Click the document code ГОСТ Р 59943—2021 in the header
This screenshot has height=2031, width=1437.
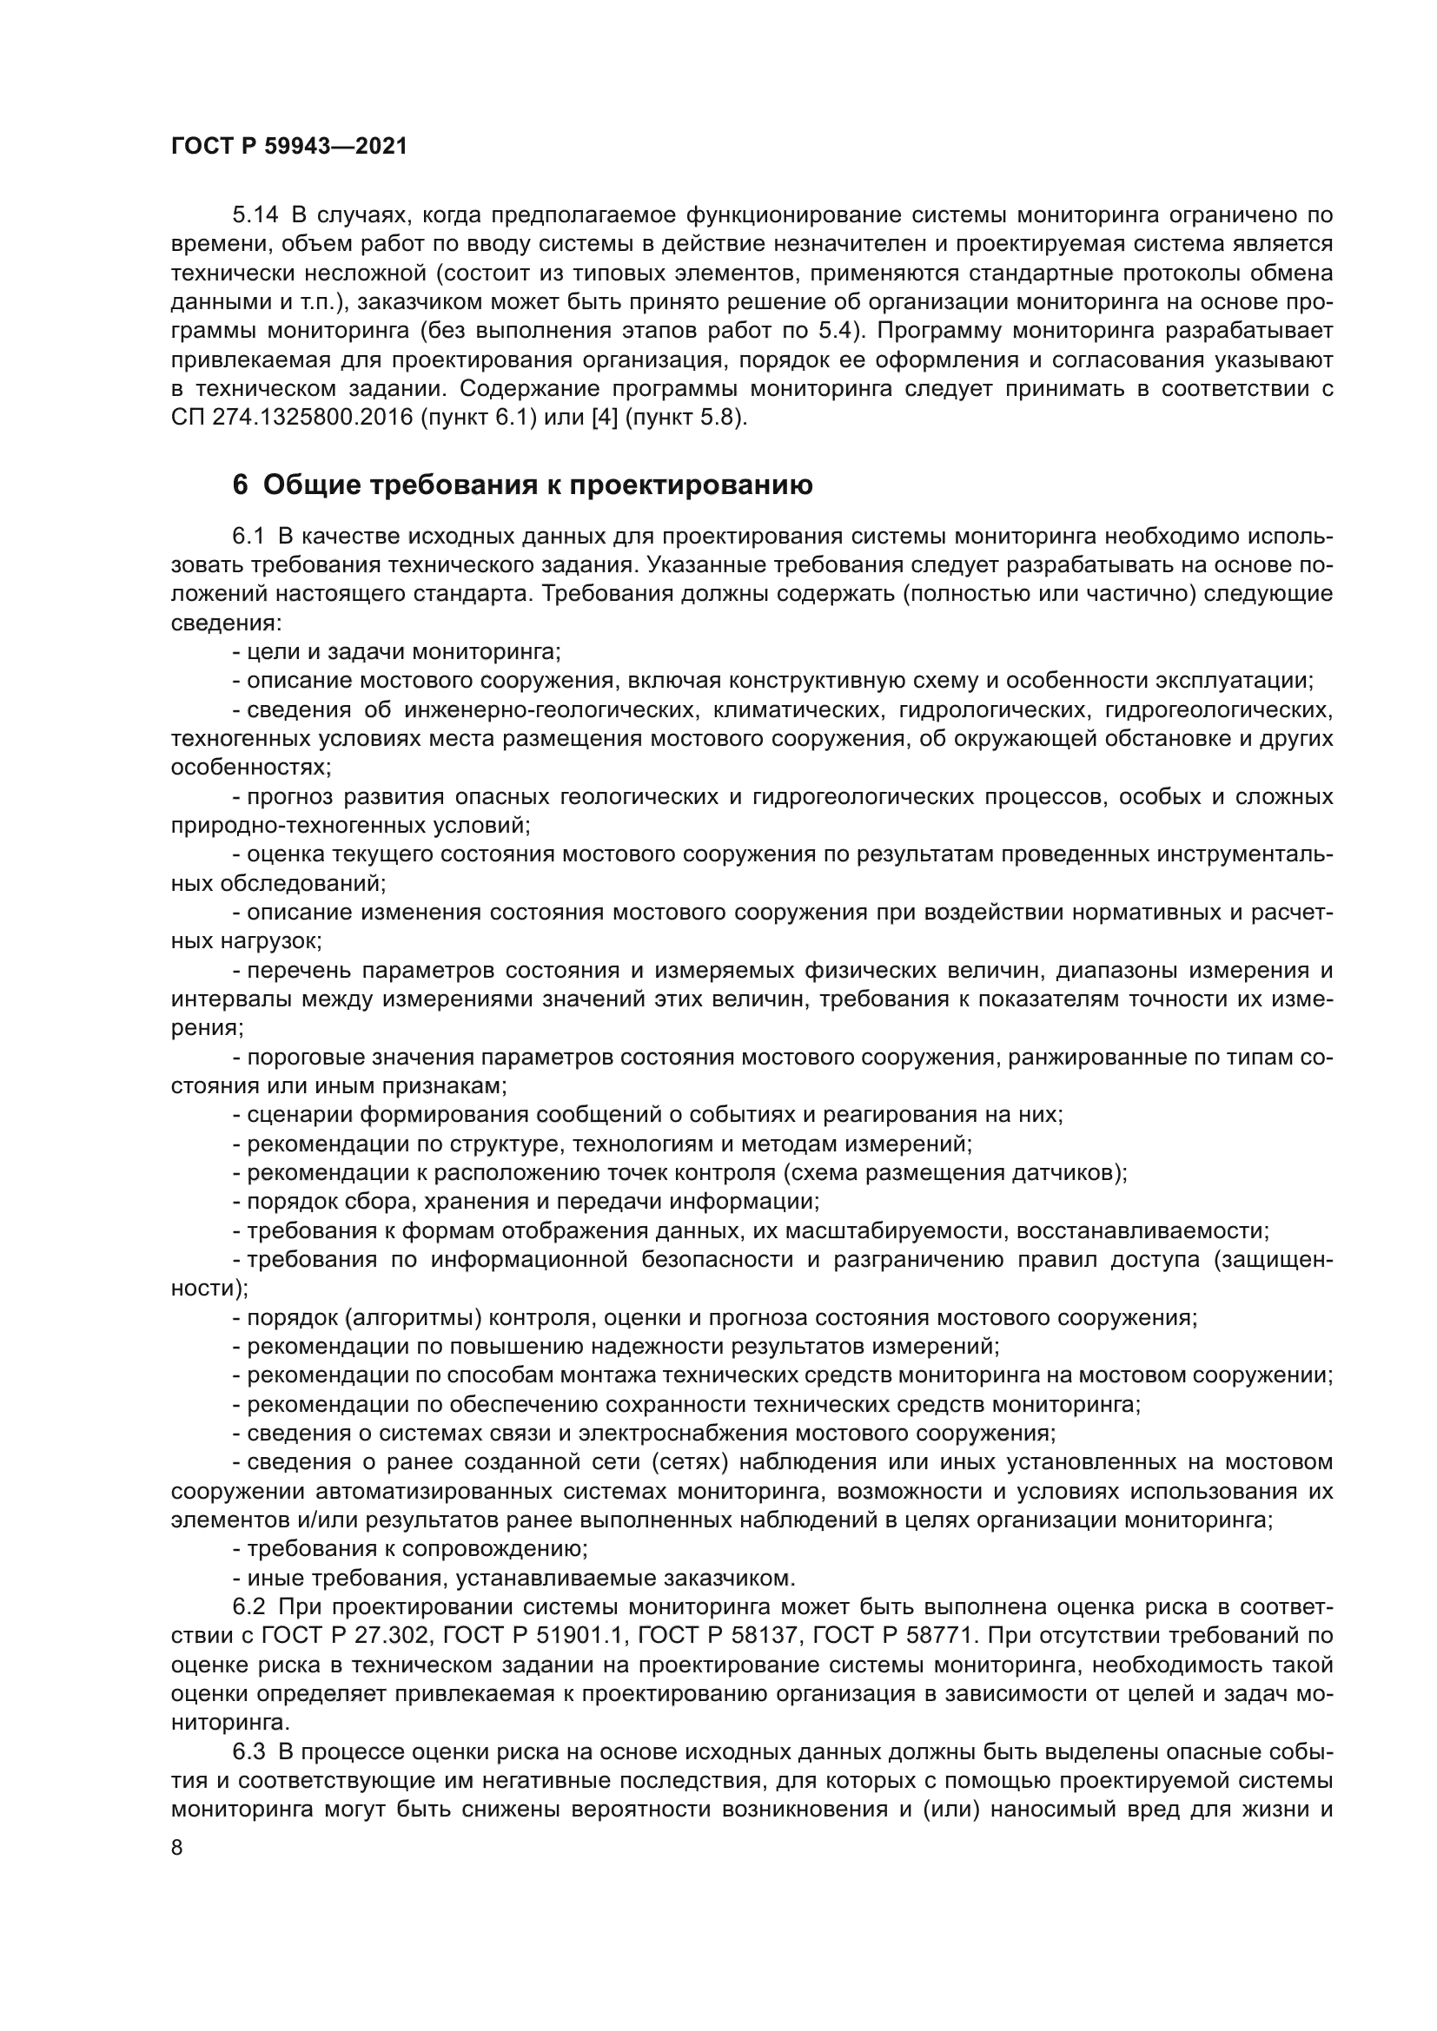pyautogui.click(x=289, y=147)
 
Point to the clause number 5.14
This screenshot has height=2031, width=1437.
pyautogui.click(x=255, y=215)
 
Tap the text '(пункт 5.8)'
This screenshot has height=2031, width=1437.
pyautogui.click(x=685, y=418)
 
